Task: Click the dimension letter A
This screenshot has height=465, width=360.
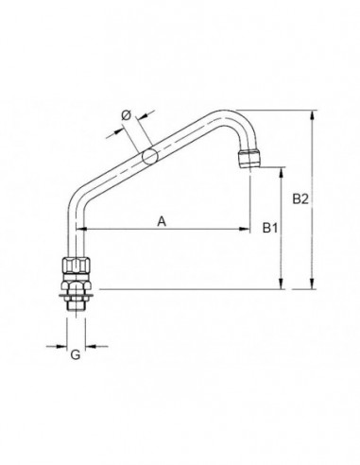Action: [162, 221]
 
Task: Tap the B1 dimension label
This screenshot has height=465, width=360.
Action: [269, 228]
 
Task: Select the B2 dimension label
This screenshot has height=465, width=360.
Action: [300, 199]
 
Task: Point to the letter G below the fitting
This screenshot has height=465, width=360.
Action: [76, 356]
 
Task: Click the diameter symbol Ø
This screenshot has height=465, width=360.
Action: [126, 116]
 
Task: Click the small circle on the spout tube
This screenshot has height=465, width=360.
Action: [148, 156]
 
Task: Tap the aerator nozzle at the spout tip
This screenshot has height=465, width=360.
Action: [249, 158]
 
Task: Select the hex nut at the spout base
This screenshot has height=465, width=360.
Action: [76, 266]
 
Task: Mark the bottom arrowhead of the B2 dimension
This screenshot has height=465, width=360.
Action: [313, 284]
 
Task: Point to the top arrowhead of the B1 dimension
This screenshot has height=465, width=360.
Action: [282, 173]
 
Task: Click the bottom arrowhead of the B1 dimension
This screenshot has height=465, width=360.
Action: [282, 284]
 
